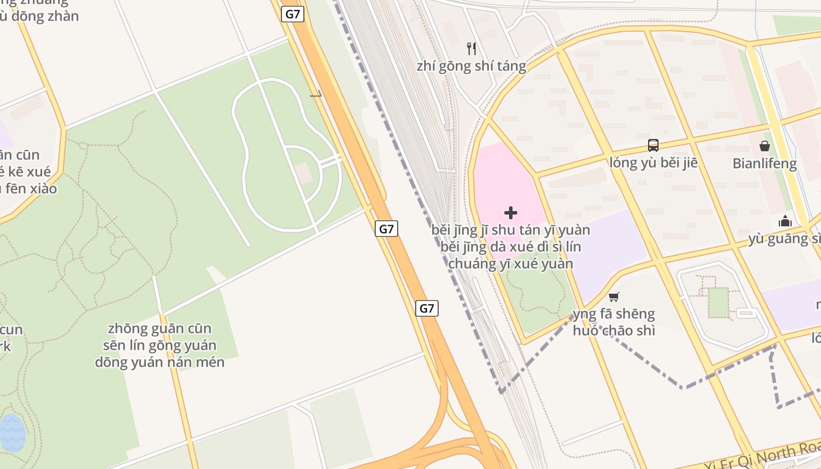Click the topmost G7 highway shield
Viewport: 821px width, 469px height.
[x=292, y=14]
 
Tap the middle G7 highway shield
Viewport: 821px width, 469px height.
[x=386, y=229]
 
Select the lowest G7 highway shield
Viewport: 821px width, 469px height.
[x=427, y=308]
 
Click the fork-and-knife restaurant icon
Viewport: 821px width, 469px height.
[x=471, y=48]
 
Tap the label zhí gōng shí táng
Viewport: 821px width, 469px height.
[x=471, y=66]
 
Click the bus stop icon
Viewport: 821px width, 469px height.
[x=653, y=145]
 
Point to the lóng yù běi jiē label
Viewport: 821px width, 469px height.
[x=653, y=162]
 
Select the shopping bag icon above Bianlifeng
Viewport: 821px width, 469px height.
[x=764, y=146]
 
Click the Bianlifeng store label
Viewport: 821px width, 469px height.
[x=764, y=164]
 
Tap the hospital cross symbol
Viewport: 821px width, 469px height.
[x=511, y=212]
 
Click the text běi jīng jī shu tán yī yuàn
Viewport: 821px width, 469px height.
[x=511, y=230]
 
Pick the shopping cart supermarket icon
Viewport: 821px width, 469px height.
[x=613, y=297]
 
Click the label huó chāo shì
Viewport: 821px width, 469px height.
[x=613, y=331]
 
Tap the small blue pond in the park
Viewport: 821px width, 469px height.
[x=12, y=433]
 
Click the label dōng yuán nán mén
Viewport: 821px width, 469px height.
[x=160, y=362]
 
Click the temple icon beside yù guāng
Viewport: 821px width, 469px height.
[x=785, y=221]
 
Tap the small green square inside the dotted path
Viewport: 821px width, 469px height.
[x=718, y=303]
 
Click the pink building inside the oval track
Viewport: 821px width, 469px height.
[x=303, y=172]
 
